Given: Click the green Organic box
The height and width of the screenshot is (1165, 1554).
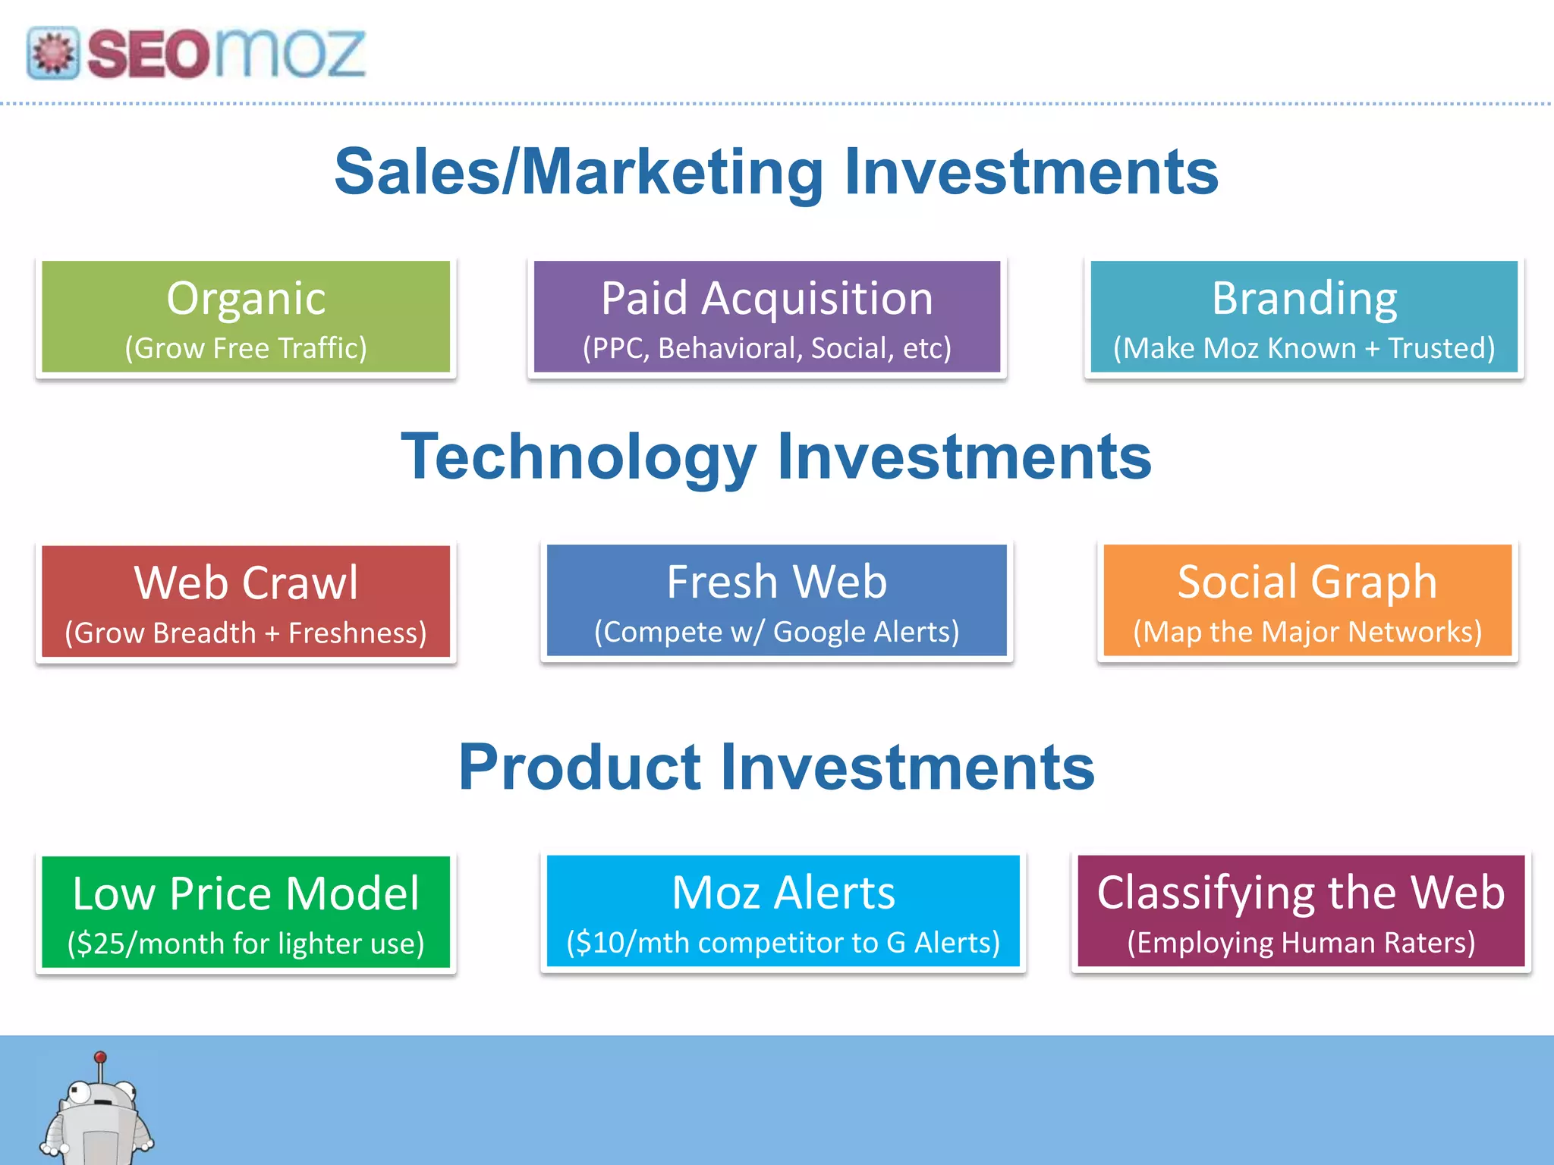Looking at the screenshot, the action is click(246, 317).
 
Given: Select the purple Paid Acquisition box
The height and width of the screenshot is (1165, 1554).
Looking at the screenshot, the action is click(767, 317).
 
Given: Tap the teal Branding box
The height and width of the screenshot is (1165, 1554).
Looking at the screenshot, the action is click(1304, 317).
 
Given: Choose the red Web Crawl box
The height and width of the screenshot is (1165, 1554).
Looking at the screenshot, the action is click(246, 601).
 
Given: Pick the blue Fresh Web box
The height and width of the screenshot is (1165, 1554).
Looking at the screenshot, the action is click(776, 600).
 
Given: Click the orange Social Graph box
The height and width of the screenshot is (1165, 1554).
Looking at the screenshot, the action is click(1307, 600).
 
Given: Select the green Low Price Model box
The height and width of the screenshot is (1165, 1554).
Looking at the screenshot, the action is click(246, 912).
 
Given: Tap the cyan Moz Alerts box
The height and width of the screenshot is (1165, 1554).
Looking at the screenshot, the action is click(783, 911).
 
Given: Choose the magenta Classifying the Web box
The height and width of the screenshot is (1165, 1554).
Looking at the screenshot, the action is click(1301, 911).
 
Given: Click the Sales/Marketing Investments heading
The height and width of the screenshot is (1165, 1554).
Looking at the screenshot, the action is click(776, 172).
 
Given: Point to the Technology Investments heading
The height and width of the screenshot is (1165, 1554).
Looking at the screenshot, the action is click(776, 457).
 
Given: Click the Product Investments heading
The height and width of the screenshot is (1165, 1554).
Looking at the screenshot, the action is click(776, 767).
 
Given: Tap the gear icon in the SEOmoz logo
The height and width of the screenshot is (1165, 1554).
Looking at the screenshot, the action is click(53, 53).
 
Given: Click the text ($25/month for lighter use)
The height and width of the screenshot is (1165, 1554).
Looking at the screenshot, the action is click(246, 944).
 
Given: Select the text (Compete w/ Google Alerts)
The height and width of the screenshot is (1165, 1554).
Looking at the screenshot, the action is click(776, 632).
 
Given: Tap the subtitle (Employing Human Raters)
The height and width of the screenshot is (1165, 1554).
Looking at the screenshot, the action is click(1301, 943).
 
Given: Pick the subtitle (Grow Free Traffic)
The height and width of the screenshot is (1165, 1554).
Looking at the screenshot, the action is click(246, 348).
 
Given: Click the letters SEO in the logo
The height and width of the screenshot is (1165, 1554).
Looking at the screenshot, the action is click(148, 54).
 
